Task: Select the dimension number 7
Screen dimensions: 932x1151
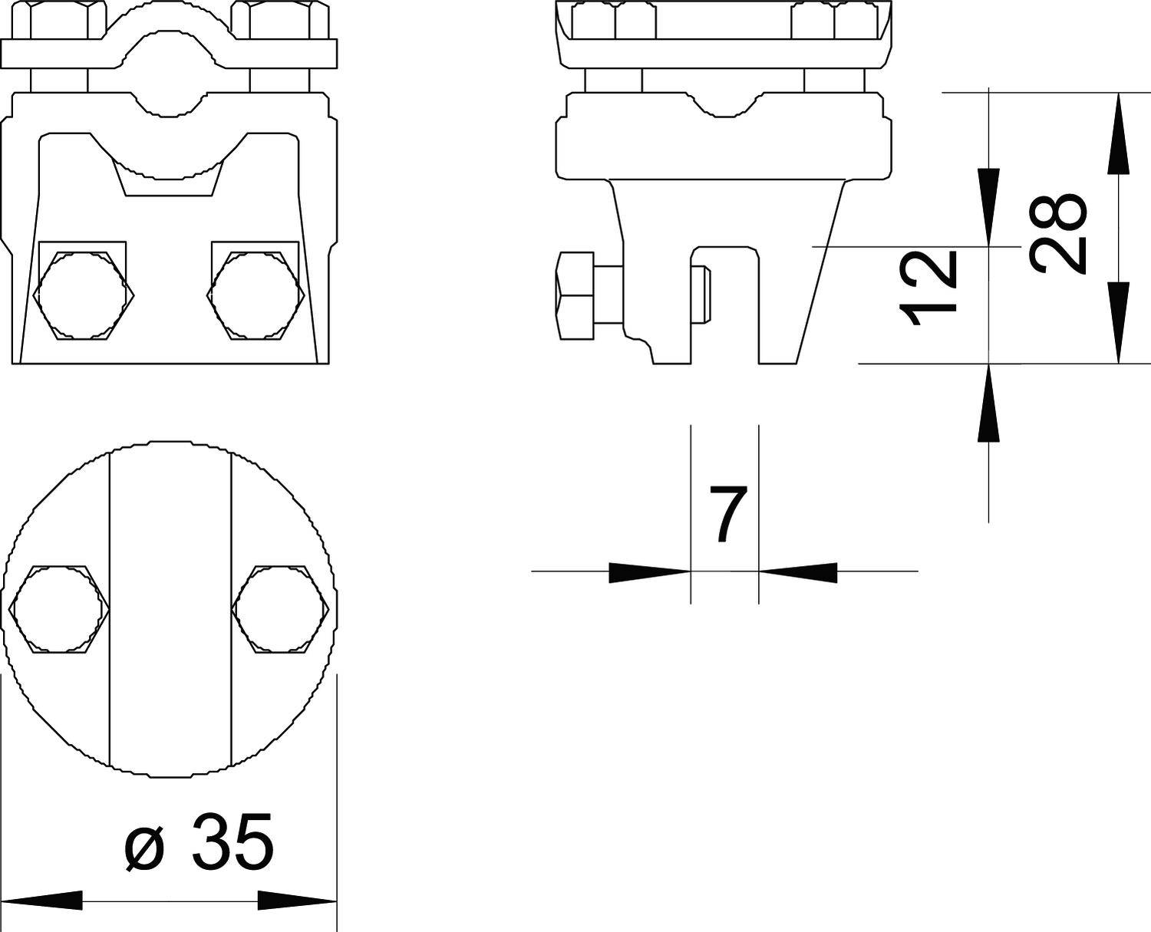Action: [726, 514]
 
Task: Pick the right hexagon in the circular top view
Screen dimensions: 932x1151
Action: [282, 609]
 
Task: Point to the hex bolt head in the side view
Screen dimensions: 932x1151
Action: [575, 296]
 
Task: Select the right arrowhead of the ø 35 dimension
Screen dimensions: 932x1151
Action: [295, 901]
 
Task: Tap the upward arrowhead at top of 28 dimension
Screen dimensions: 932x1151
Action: [1118, 130]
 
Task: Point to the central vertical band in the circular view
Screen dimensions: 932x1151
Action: [170, 609]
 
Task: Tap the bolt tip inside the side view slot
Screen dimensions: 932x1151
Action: [703, 296]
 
